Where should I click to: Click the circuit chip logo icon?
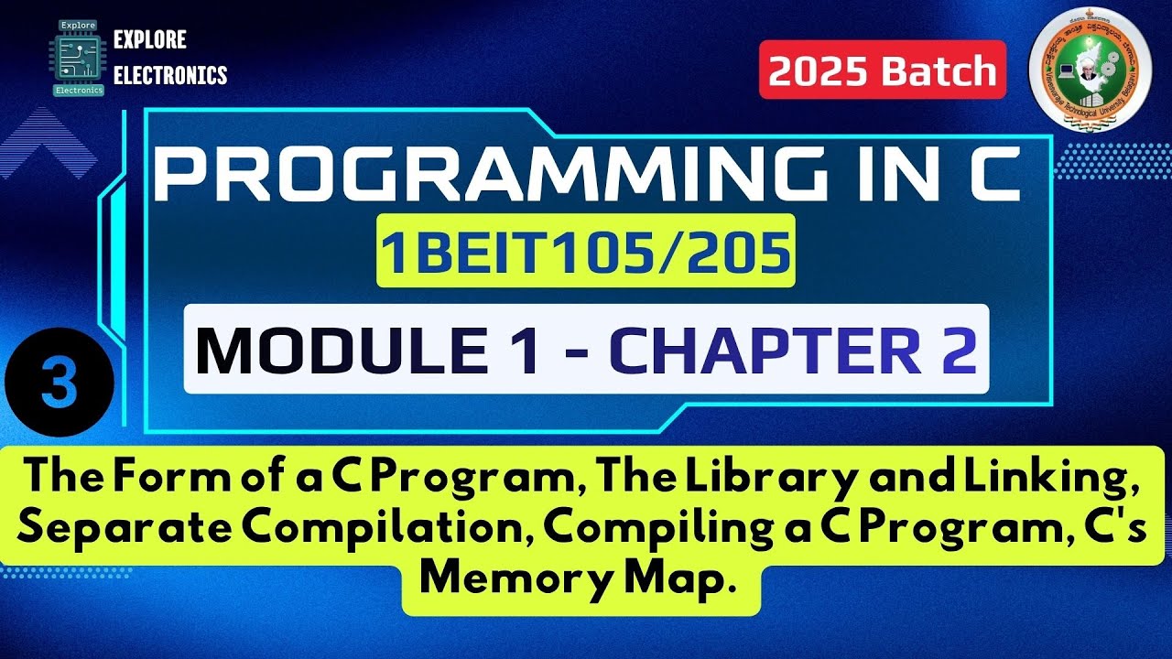point(78,56)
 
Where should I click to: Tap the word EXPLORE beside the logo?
point(149,39)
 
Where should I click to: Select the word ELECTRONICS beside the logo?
point(170,75)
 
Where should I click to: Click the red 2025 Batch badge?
point(883,70)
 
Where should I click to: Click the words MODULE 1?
point(367,350)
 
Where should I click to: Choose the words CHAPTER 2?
point(793,350)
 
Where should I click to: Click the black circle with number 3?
point(59,382)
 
